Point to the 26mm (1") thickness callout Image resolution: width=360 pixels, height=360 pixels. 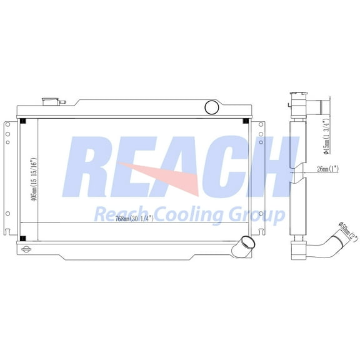coord(327,168)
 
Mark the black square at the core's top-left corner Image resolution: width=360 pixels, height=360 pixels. coord(22,121)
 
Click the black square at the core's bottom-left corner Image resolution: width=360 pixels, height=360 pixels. coord(22,236)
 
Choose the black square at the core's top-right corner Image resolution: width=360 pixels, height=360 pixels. coord(247,121)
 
